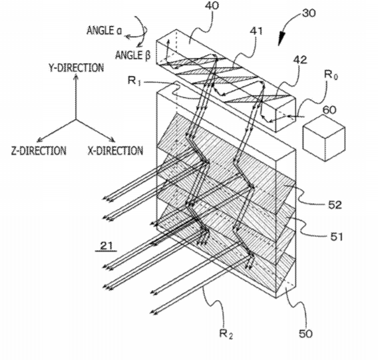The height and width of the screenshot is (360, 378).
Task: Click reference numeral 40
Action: (212, 6)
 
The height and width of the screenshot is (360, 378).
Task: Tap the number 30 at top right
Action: (309, 13)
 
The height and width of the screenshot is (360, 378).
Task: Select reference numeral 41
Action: (256, 31)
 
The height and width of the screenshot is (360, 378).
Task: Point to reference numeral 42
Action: (300, 60)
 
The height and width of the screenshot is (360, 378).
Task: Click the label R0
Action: (331, 75)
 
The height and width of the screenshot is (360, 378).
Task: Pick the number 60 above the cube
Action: (329, 110)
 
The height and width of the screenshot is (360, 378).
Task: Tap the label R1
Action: (134, 81)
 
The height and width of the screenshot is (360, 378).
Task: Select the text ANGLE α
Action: (104, 31)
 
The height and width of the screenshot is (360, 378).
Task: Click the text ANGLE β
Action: (133, 55)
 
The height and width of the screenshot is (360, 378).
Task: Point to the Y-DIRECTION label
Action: (76, 68)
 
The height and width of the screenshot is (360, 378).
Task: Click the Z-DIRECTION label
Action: (39, 151)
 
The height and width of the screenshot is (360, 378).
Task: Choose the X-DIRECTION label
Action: (115, 151)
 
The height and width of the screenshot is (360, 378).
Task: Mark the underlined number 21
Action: (106, 246)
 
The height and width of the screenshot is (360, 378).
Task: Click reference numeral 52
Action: (335, 205)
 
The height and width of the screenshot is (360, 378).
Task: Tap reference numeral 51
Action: (337, 237)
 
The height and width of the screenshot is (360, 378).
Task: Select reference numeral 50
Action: (305, 334)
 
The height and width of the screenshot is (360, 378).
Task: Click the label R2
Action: (226, 334)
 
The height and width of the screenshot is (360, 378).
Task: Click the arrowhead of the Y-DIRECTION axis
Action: (76, 77)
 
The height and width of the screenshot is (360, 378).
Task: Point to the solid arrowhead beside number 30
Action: (281, 39)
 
